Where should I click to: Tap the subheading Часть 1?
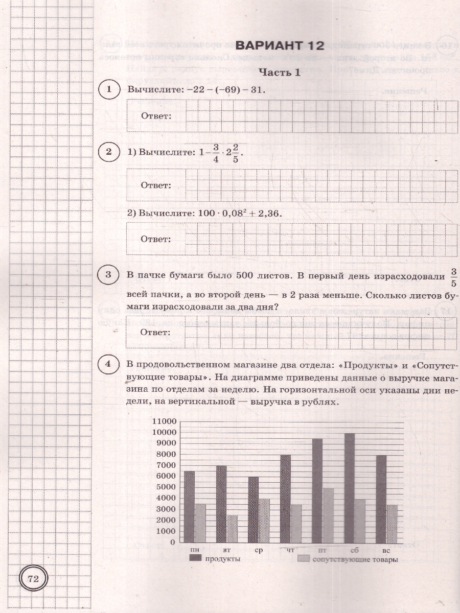tap(280, 73)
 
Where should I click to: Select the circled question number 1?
tap(108, 90)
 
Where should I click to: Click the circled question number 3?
tap(108, 276)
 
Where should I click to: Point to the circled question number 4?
tap(108, 365)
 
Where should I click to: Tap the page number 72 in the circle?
tap(34, 579)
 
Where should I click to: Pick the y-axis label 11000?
tap(164, 421)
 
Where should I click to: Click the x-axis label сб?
tap(355, 551)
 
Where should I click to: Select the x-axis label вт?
tap(227, 551)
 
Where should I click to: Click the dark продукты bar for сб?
tap(349, 488)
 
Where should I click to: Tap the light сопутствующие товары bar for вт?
tap(233, 529)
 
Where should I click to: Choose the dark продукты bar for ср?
tap(254, 509)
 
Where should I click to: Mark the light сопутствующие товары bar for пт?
tap(329, 515)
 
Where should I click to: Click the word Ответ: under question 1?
tap(156, 116)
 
